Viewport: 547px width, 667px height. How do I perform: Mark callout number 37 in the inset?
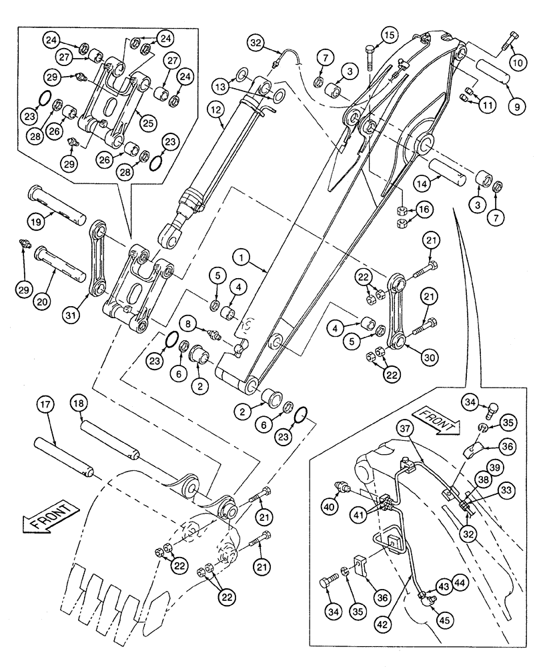pyautogui.click(x=406, y=428)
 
